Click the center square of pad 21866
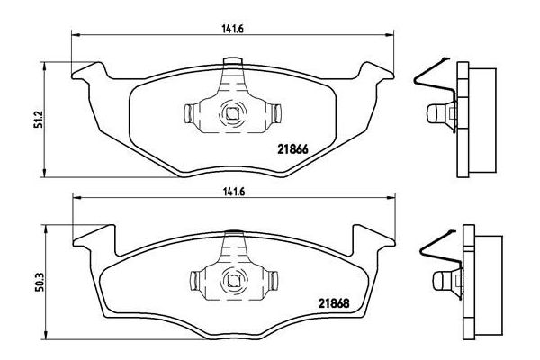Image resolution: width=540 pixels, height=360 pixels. (233, 113)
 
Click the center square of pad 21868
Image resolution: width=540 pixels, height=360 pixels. (233, 280)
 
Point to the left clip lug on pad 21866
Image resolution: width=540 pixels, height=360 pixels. (192, 113)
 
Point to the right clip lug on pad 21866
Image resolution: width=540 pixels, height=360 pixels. (275, 113)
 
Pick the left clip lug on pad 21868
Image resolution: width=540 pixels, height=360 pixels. (192, 280)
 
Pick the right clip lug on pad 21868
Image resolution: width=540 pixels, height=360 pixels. (275, 280)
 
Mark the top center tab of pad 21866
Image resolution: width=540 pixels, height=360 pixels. (233, 64)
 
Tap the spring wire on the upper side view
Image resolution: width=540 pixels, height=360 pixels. (423, 81)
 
